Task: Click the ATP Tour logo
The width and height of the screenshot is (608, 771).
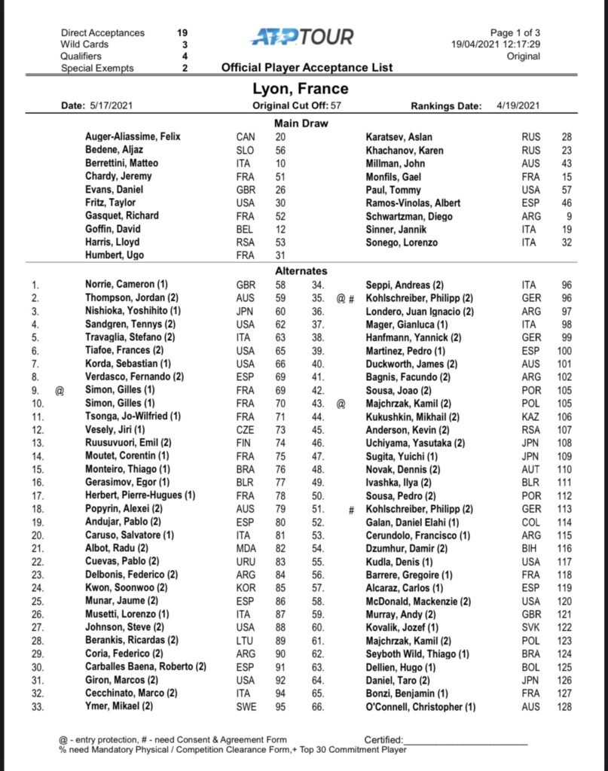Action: click(x=302, y=36)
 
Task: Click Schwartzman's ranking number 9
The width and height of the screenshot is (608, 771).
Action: click(x=567, y=215)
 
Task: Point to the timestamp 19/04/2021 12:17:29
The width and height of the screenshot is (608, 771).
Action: click(x=496, y=44)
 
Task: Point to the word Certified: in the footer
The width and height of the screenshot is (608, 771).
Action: click(x=383, y=740)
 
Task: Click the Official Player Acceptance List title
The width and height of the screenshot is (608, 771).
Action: click(x=307, y=68)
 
